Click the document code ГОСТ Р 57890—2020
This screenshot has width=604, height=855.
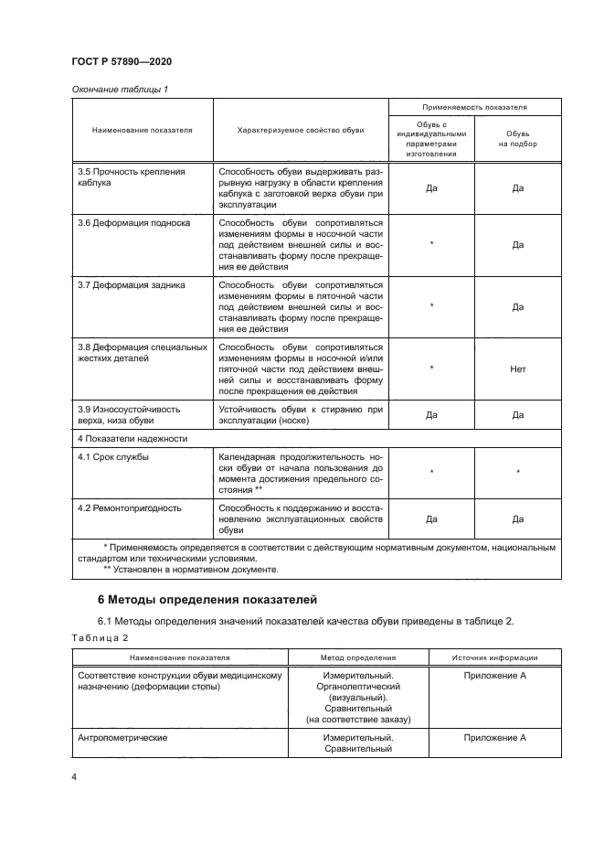tap(122, 60)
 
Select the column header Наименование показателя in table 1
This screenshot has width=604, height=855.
tap(143, 131)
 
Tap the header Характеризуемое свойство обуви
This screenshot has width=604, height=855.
tap(301, 131)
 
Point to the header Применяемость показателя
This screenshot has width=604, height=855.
tap(474, 108)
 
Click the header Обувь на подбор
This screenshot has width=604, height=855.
tap(517, 138)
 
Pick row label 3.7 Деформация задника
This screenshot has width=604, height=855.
tap(121, 284)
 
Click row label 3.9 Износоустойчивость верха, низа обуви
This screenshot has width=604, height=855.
tap(128, 415)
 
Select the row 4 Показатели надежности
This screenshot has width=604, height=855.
tap(132, 439)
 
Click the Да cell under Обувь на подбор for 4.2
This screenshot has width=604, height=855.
tap(517, 518)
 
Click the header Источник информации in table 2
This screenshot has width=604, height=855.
tap(494, 657)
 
